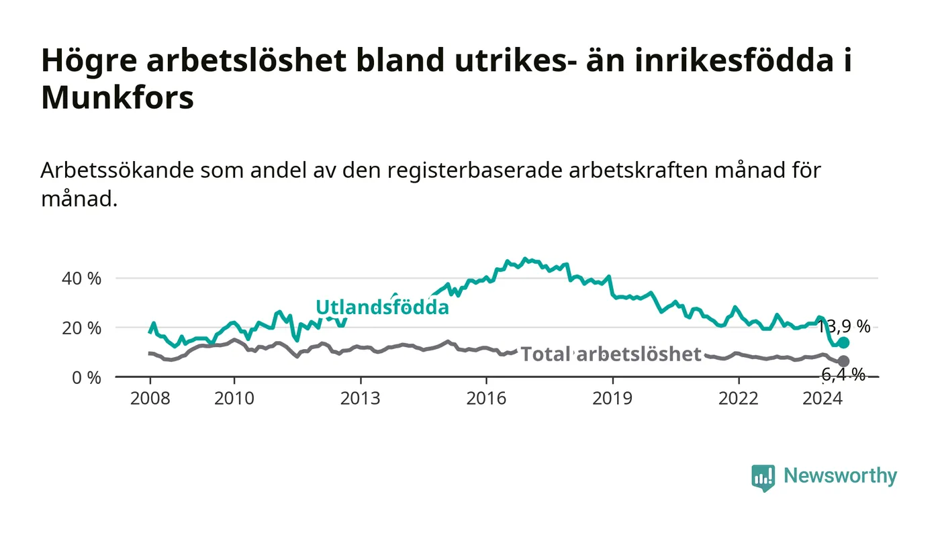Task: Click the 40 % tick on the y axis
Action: coord(81,279)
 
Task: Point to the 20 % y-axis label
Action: coord(81,328)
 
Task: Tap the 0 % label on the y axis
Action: coord(87,377)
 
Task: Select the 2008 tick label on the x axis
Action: coord(150,398)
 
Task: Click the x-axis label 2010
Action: coord(234,398)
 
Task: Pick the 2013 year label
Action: coord(360,398)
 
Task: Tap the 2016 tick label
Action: coord(486,398)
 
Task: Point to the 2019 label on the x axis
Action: coord(612,398)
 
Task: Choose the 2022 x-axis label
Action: coord(739,398)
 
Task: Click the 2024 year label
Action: coord(822,398)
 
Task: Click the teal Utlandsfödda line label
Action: coord(382,307)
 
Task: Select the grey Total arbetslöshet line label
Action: coord(611,354)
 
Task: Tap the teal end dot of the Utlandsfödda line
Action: coord(843,343)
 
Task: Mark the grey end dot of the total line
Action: coord(843,361)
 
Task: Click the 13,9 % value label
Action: coord(844,326)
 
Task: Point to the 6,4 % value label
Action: coord(843,375)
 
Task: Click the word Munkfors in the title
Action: coord(117,97)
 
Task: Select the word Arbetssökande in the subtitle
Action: coord(117,171)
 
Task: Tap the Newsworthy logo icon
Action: coord(763,478)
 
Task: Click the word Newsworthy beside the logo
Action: coord(840,476)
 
